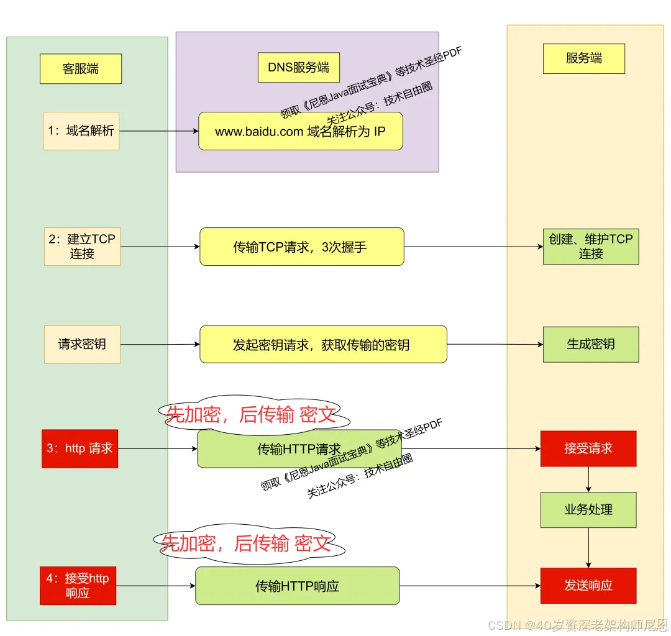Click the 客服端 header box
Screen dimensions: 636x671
pyautogui.click(x=81, y=69)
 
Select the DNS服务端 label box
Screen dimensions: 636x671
pyautogui.click(x=299, y=68)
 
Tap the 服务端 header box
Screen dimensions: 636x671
pyautogui.click(x=584, y=59)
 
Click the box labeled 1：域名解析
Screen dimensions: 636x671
pyautogui.click(x=81, y=131)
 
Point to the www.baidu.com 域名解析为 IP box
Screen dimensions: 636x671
pyautogui.click(x=301, y=131)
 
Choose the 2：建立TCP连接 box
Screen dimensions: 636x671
pyautogui.click(x=82, y=246)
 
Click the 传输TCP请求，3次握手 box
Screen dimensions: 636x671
pyautogui.click(x=302, y=247)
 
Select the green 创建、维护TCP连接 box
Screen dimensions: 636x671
pyautogui.click(x=591, y=246)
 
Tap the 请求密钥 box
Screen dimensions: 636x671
pyautogui.click(x=82, y=344)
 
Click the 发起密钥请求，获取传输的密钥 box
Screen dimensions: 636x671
pyautogui.click(x=323, y=344)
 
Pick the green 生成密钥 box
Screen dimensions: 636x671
pyautogui.click(x=591, y=344)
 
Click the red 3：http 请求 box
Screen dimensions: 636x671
pyautogui.click(x=80, y=448)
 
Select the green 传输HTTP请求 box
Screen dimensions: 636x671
pyautogui.click(x=298, y=449)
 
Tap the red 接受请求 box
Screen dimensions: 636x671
pyautogui.click(x=588, y=448)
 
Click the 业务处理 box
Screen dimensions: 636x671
pyautogui.click(x=588, y=510)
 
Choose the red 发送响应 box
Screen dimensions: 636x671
pyautogui.click(x=588, y=586)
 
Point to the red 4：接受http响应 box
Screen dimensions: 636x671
pyautogui.click(x=78, y=586)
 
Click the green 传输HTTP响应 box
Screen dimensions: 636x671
pyautogui.click(x=298, y=586)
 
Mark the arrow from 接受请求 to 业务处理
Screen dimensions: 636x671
pyautogui.click(x=588, y=479)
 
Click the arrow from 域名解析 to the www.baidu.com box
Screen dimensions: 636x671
pyautogui.click(x=158, y=132)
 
